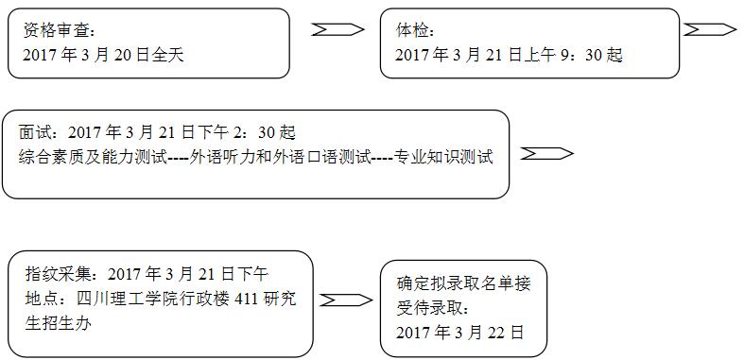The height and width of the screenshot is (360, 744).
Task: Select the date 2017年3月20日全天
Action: pos(103,55)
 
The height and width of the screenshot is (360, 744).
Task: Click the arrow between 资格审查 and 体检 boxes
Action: pos(337,29)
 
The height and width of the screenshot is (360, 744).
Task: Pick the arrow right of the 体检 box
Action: pos(710,29)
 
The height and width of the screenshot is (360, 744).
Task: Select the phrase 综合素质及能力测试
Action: pos(91,157)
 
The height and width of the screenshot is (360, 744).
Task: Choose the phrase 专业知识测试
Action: pos(443,157)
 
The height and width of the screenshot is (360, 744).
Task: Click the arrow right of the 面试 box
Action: pos(546,154)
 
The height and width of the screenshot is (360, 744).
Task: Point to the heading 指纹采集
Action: pos(59,274)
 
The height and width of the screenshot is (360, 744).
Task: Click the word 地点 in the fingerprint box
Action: pos(43,299)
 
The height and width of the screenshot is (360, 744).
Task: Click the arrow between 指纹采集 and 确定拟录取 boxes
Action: pos(343,300)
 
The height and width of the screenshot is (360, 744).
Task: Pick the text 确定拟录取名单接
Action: pos(464,283)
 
